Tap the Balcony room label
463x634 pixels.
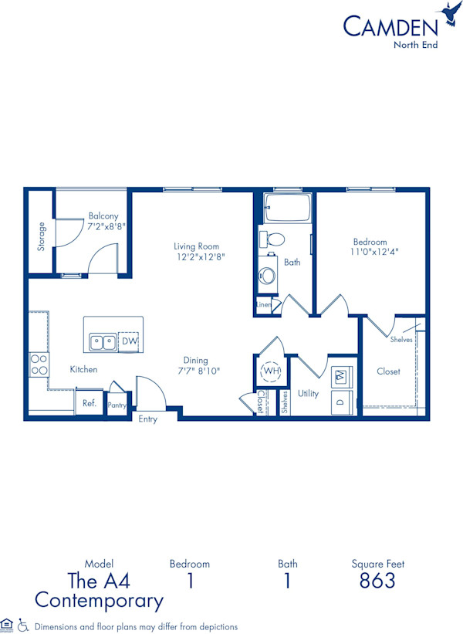click(103, 216)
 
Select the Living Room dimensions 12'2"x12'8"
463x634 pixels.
click(199, 257)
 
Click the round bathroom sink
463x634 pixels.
click(268, 275)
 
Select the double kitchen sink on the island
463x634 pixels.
click(103, 341)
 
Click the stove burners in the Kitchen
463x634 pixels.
click(39, 365)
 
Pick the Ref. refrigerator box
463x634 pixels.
click(90, 403)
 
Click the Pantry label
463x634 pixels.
click(117, 404)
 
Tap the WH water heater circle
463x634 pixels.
click(271, 371)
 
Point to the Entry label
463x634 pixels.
click(147, 419)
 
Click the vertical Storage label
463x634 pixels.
click(42, 236)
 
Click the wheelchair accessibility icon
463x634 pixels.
click(23, 625)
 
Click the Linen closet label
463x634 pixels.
click(264, 306)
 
